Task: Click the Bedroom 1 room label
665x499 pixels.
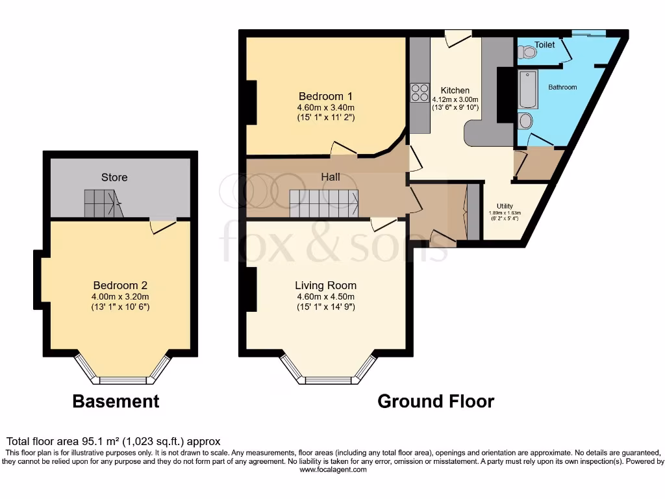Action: [x=325, y=96]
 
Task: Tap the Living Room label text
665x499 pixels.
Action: [x=325, y=285]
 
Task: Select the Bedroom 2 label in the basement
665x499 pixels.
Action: [x=120, y=285]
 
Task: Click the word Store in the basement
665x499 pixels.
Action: [x=114, y=177]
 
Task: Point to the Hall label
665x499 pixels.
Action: [x=331, y=177]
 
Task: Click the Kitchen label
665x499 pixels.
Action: [x=455, y=90]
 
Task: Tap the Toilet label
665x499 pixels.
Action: [x=545, y=45]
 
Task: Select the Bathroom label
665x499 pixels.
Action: [x=562, y=87]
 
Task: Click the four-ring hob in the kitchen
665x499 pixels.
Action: [x=420, y=93]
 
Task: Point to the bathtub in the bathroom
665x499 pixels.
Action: [x=527, y=90]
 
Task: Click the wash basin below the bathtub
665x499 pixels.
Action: [x=526, y=121]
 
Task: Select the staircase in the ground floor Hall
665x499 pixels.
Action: [x=323, y=203]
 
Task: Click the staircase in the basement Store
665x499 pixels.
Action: [x=103, y=203]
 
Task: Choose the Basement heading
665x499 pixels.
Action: [x=116, y=402]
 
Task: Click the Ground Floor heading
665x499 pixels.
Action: [x=436, y=402]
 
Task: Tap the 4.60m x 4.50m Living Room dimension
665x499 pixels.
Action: [x=325, y=297]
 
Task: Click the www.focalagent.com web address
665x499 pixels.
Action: [x=332, y=469]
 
